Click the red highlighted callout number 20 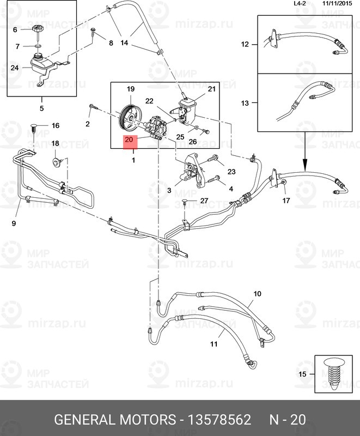pos(129,140)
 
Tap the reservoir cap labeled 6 pos(38,29)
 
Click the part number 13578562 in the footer pos(219,420)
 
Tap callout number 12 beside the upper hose pos(245,44)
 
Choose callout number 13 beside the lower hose pos(245,103)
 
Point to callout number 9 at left pos(14,223)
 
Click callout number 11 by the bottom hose pos(213,344)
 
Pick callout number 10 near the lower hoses pos(257,293)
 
